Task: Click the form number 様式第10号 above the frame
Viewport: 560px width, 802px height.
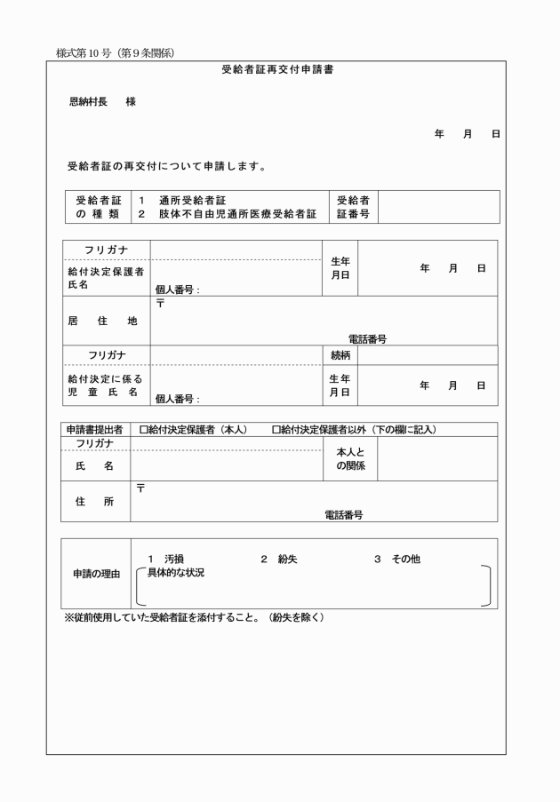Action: pyautogui.click(x=115, y=52)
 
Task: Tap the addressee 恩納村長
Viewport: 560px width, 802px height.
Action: pyautogui.click(x=89, y=102)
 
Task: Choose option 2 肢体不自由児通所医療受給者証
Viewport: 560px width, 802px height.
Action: pyautogui.click(x=227, y=214)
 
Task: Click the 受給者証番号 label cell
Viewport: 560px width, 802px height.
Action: pyautogui.click(x=353, y=207)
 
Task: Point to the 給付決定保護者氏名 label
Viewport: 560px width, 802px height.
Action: pyautogui.click(x=106, y=277)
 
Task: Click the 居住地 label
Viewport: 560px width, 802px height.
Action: pyautogui.click(x=102, y=322)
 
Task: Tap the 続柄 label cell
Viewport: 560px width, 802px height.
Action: pyautogui.click(x=340, y=355)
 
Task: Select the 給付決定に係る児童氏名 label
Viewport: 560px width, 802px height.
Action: pyautogui.click(x=106, y=385)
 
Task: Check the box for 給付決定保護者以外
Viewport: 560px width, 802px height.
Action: pyautogui.click(x=276, y=430)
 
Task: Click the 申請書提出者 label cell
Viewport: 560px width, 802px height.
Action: pyautogui.click(x=94, y=430)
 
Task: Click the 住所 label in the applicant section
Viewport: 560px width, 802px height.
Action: pyautogui.click(x=94, y=502)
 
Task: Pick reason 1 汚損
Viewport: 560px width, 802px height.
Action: pyautogui.click(x=166, y=559)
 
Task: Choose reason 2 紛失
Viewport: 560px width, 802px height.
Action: pyautogui.click(x=279, y=559)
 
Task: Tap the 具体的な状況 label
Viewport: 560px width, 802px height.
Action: pyautogui.click(x=175, y=573)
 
